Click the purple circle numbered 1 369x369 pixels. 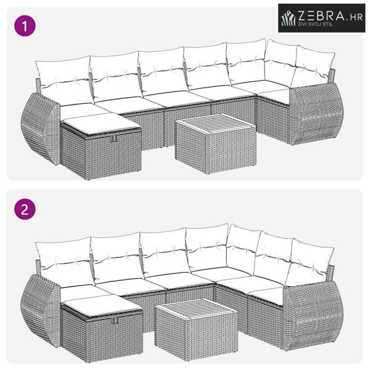[x=25, y=26]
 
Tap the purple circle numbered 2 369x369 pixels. [x=25, y=209]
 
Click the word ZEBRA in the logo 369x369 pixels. [x=321, y=16]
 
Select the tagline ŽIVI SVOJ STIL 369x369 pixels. [x=316, y=24]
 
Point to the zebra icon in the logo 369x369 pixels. [x=289, y=18]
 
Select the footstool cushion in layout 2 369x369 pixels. [x=103, y=305]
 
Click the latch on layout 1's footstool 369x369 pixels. [x=114, y=139]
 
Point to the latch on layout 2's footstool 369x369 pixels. [x=115, y=320]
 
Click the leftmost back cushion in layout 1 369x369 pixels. [x=65, y=80]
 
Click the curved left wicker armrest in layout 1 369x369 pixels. [x=41, y=128]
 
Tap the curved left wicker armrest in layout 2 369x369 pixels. [x=41, y=311]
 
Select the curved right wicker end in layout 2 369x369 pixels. [x=313, y=316]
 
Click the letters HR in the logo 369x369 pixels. [x=356, y=18]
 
